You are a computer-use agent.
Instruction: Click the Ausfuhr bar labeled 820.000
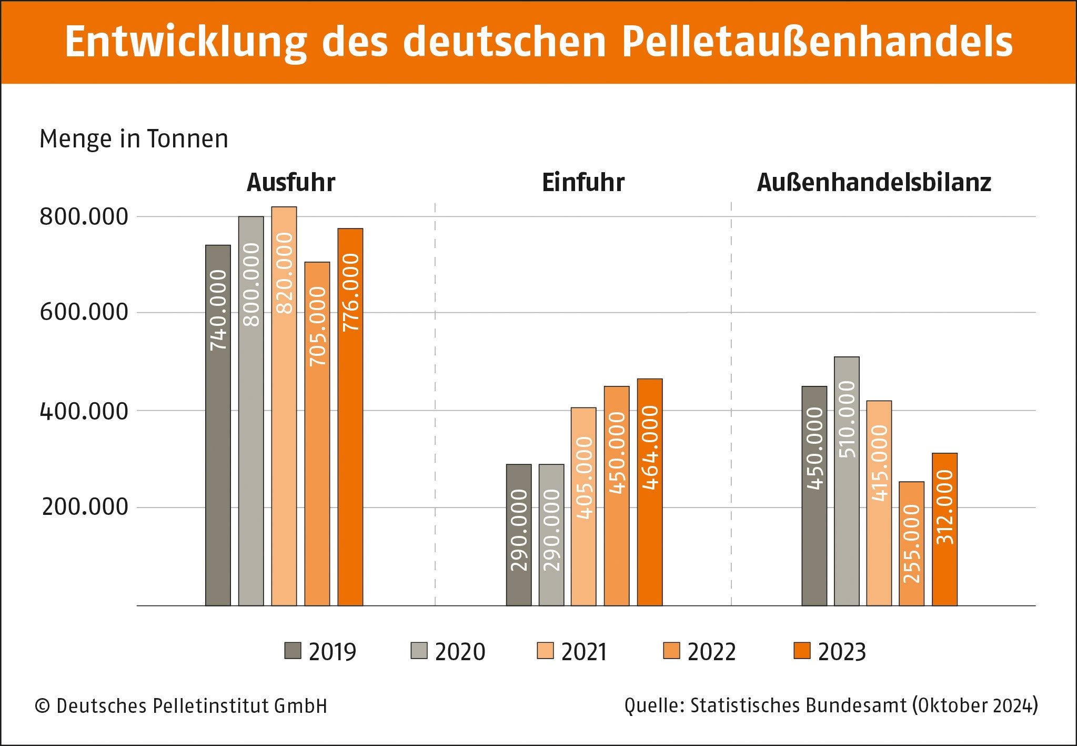pyautogui.click(x=284, y=405)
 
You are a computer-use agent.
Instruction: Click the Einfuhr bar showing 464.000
pyautogui.click(x=650, y=492)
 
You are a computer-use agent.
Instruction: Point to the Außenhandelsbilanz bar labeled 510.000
pyautogui.click(x=847, y=481)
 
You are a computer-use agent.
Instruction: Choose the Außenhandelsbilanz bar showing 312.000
pyautogui.click(x=945, y=529)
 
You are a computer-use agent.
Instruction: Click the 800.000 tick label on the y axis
pyautogui.click(x=84, y=217)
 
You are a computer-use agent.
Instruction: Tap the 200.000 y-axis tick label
pyautogui.click(x=85, y=507)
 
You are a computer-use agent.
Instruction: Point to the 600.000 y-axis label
pyautogui.click(x=84, y=312)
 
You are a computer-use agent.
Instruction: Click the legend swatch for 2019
pyautogui.click(x=293, y=651)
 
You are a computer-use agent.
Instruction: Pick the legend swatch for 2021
pyautogui.click(x=545, y=651)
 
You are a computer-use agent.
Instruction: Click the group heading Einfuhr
pyautogui.click(x=583, y=183)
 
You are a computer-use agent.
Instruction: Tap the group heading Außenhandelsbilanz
pyautogui.click(x=874, y=183)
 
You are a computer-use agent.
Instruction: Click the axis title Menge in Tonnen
pyautogui.click(x=134, y=140)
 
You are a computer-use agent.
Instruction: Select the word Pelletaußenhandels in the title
pyautogui.click(x=817, y=42)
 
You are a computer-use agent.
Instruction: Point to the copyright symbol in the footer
pyautogui.click(x=42, y=706)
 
